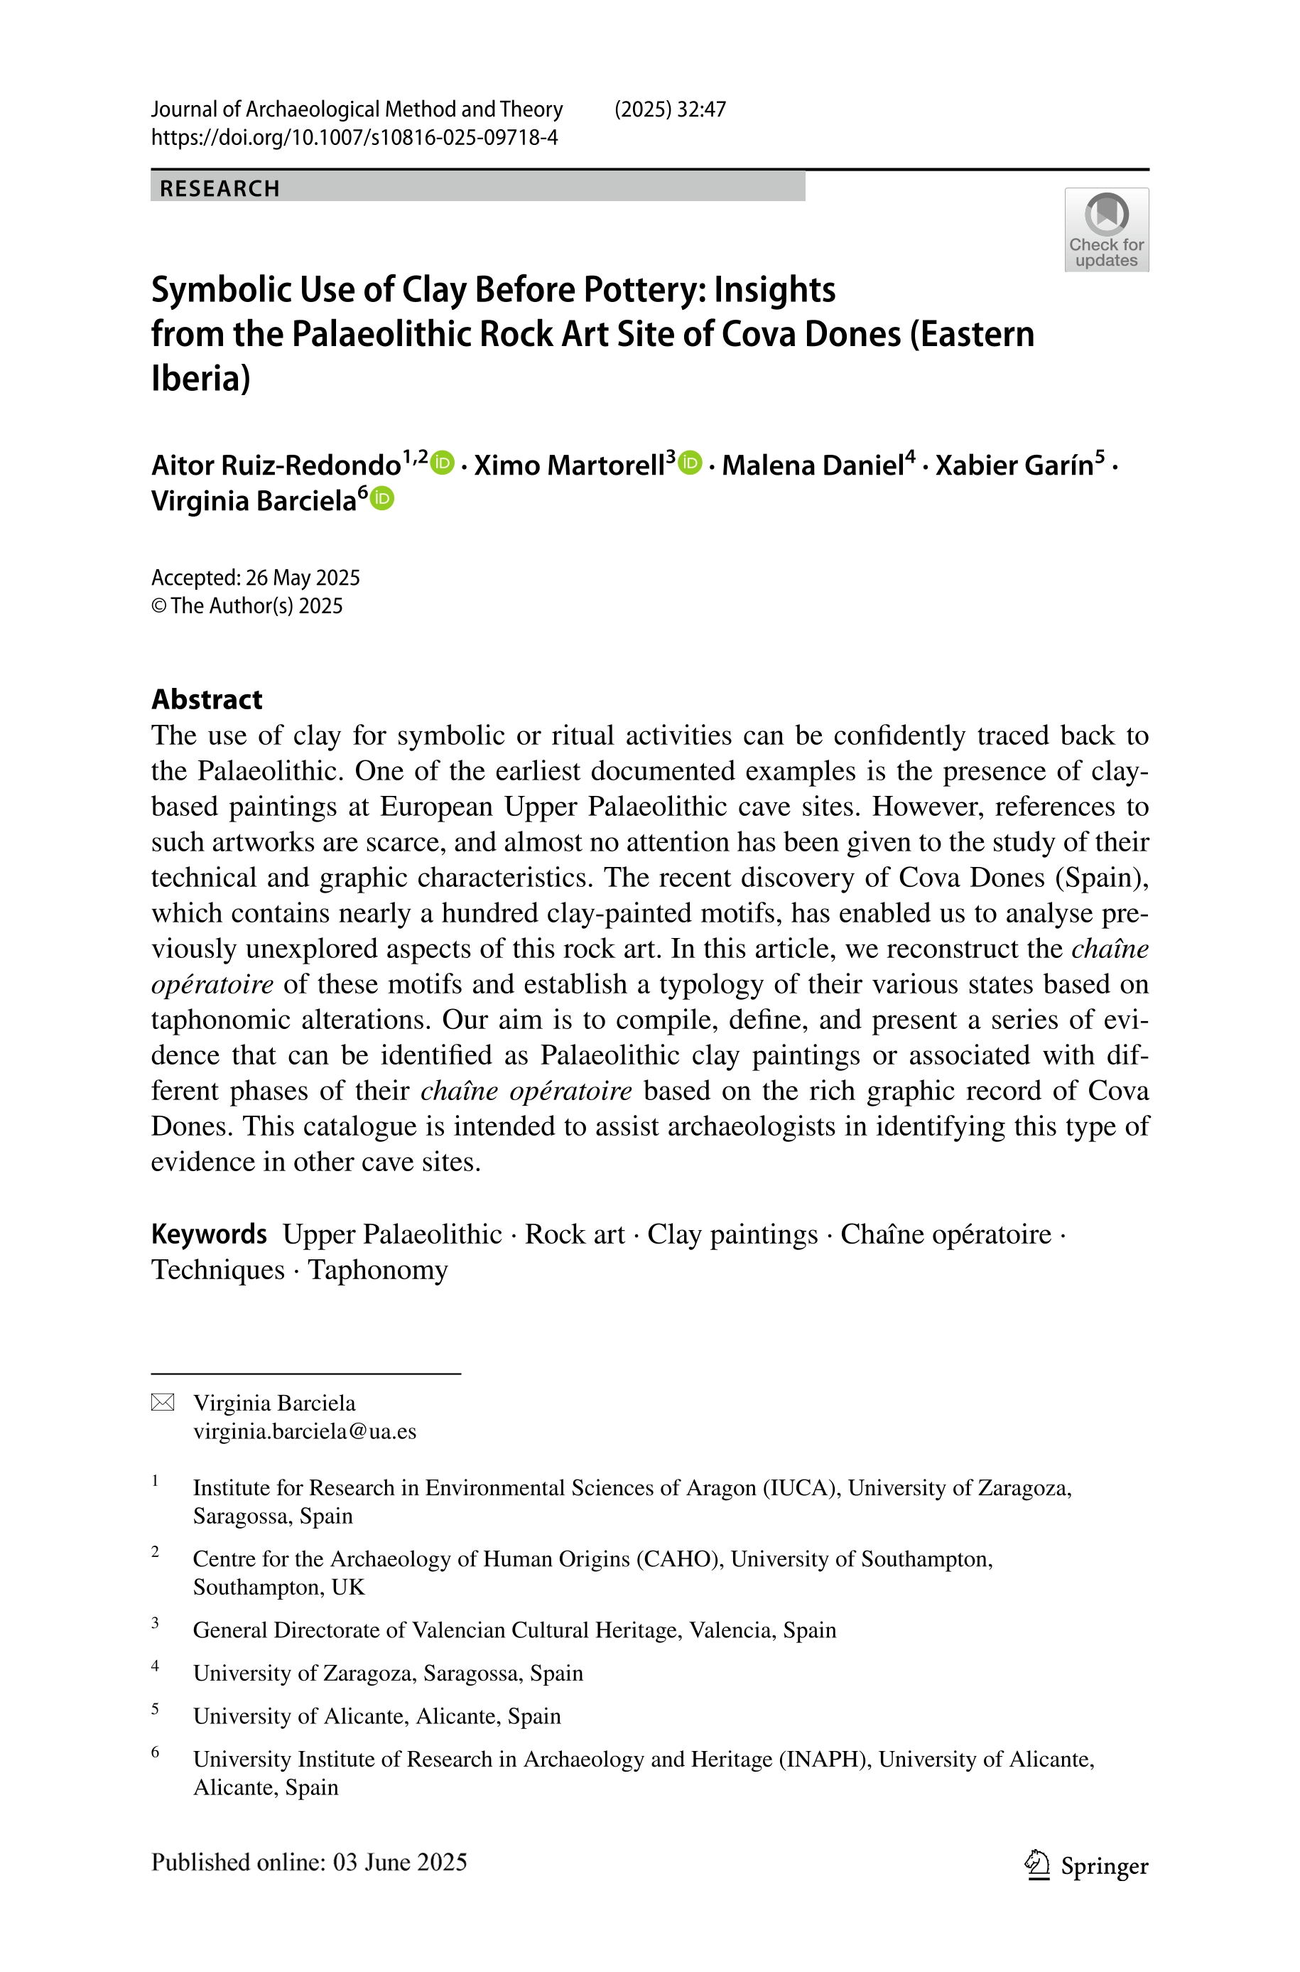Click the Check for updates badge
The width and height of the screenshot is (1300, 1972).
[x=1106, y=230]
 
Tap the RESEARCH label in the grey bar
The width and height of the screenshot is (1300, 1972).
[x=220, y=188]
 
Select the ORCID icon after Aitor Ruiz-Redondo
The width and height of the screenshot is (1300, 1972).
[x=443, y=463]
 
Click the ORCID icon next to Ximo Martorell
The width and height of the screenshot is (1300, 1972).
[x=690, y=463]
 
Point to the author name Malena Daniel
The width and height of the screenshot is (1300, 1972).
[x=813, y=465]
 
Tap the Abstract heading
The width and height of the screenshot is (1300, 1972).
[x=207, y=699]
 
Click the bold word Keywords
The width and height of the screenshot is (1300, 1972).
[x=209, y=1234]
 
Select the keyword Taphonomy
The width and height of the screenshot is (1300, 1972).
[x=378, y=1270]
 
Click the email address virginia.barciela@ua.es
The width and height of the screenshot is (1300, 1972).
[x=304, y=1431]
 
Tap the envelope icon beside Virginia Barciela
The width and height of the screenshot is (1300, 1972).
[x=163, y=1402]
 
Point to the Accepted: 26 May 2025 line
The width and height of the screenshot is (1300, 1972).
[x=255, y=577]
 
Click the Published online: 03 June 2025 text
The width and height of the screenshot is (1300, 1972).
[x=308, y=1863]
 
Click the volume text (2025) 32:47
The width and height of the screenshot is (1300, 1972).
[x=670, y=109]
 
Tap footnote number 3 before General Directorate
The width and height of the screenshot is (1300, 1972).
[x=155, y=1623]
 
